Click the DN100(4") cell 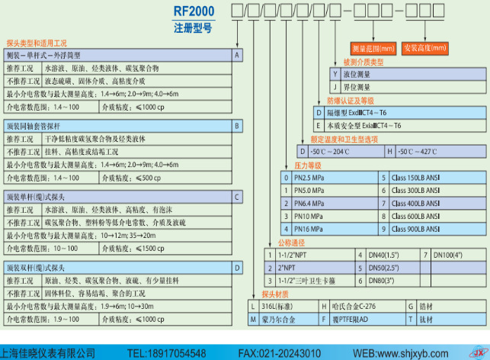coord(447,254)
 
